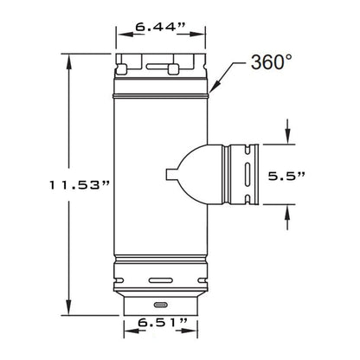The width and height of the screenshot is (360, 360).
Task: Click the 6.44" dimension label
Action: point(159,27)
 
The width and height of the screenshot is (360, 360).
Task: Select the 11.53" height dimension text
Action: point(80,185)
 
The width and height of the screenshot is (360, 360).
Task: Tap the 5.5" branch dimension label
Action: point(286,176)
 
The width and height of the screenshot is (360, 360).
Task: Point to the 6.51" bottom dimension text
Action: point(163,323)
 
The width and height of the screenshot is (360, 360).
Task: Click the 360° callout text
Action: point(272,62)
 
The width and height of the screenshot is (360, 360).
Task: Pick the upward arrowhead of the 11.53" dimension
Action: point(68,61)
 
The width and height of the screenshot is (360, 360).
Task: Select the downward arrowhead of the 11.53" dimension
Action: point(68,307)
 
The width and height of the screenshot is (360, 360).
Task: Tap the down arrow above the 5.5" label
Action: point(287,137)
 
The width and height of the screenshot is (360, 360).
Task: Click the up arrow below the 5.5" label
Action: point(287,212)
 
